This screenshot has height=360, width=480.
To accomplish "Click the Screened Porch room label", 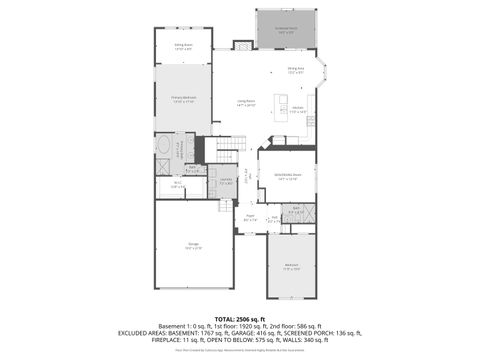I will tap(287, 30).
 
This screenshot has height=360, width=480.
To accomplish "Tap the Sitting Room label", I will tap(183, 46).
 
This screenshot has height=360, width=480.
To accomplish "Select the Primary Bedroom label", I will tap(183, 98).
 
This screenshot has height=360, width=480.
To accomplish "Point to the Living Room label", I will tap(247, 102).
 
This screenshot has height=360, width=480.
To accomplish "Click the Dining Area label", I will tap(296, 70).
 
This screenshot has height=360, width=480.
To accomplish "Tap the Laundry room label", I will tap(226, 181).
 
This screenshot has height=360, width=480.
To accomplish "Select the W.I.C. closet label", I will tap(176, 184).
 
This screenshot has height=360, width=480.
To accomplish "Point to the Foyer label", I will tap(249, 217).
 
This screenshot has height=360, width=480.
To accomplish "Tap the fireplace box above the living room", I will tap(240, 45).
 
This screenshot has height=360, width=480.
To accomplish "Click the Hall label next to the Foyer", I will tap(273, 217).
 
